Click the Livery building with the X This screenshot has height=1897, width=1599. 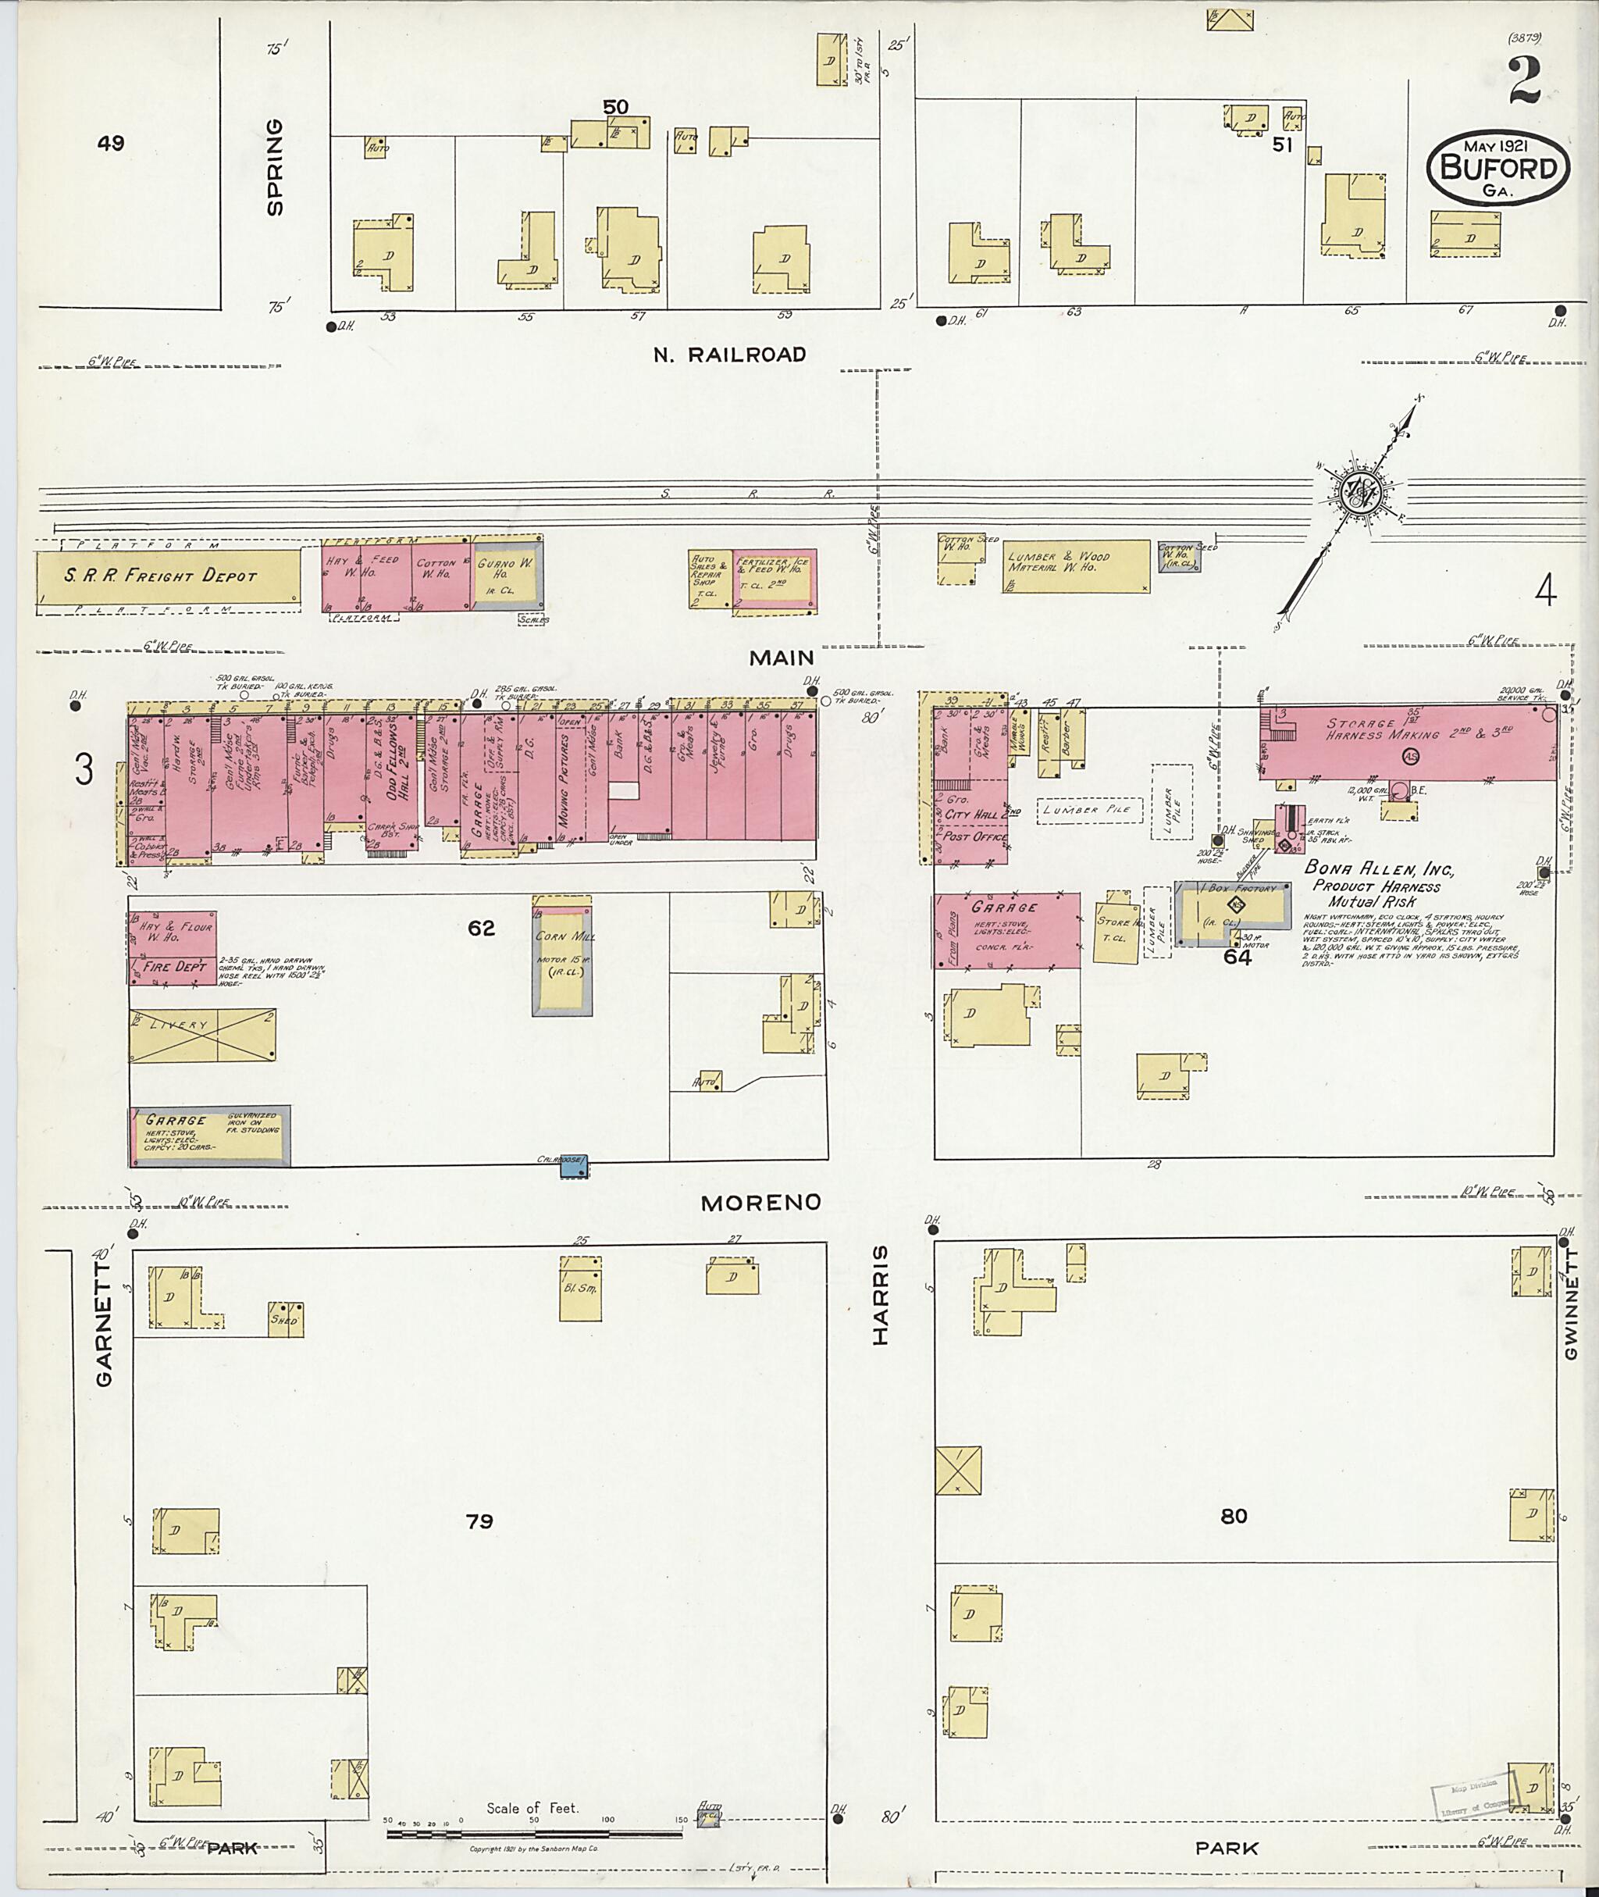[202, 1034]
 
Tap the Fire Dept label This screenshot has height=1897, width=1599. [175, 967]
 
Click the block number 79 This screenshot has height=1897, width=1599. [479, 1520]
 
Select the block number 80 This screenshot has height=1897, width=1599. [1233, 1515]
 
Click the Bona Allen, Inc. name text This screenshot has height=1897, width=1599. [1378, 868]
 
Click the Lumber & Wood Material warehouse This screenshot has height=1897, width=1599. [1074, 567]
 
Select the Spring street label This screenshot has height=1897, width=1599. [275, 168]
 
